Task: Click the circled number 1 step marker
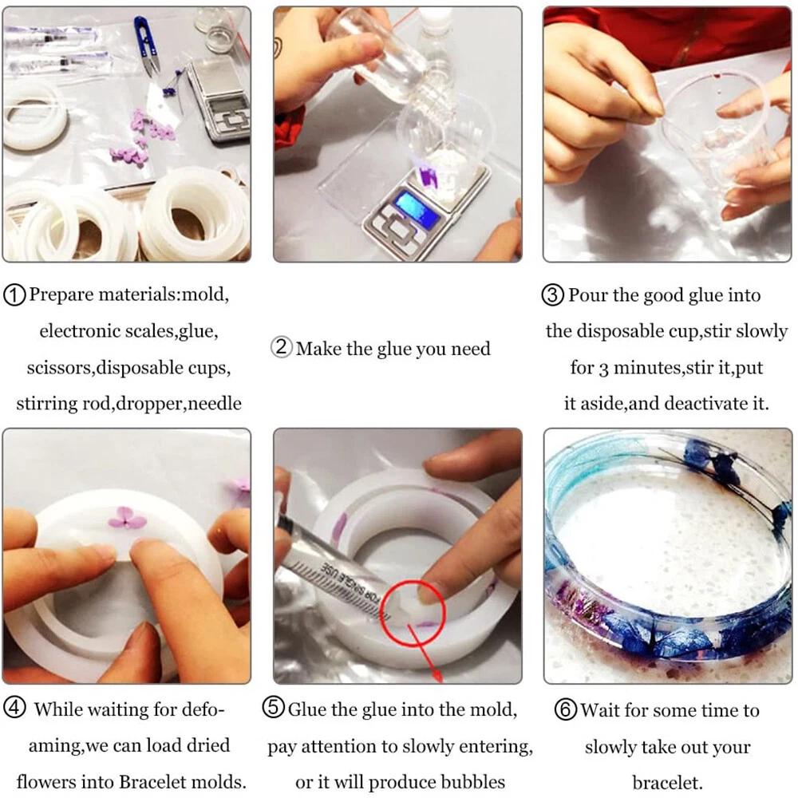[x=14, y=295]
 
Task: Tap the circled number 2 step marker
[x=282, y=348]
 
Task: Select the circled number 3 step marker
[x=553, y=295]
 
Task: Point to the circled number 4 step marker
[x=14, y=708]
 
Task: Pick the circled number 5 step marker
[x=273, y=708]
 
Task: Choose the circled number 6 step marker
[x=566, y=709]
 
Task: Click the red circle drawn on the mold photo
[x=413, y=613]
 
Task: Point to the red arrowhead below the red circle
[x=437, y=675]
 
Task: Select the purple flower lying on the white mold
[x=127, y=517]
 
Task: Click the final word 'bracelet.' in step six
[x=667, y=782]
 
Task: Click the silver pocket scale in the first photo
[x=219, y=99]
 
